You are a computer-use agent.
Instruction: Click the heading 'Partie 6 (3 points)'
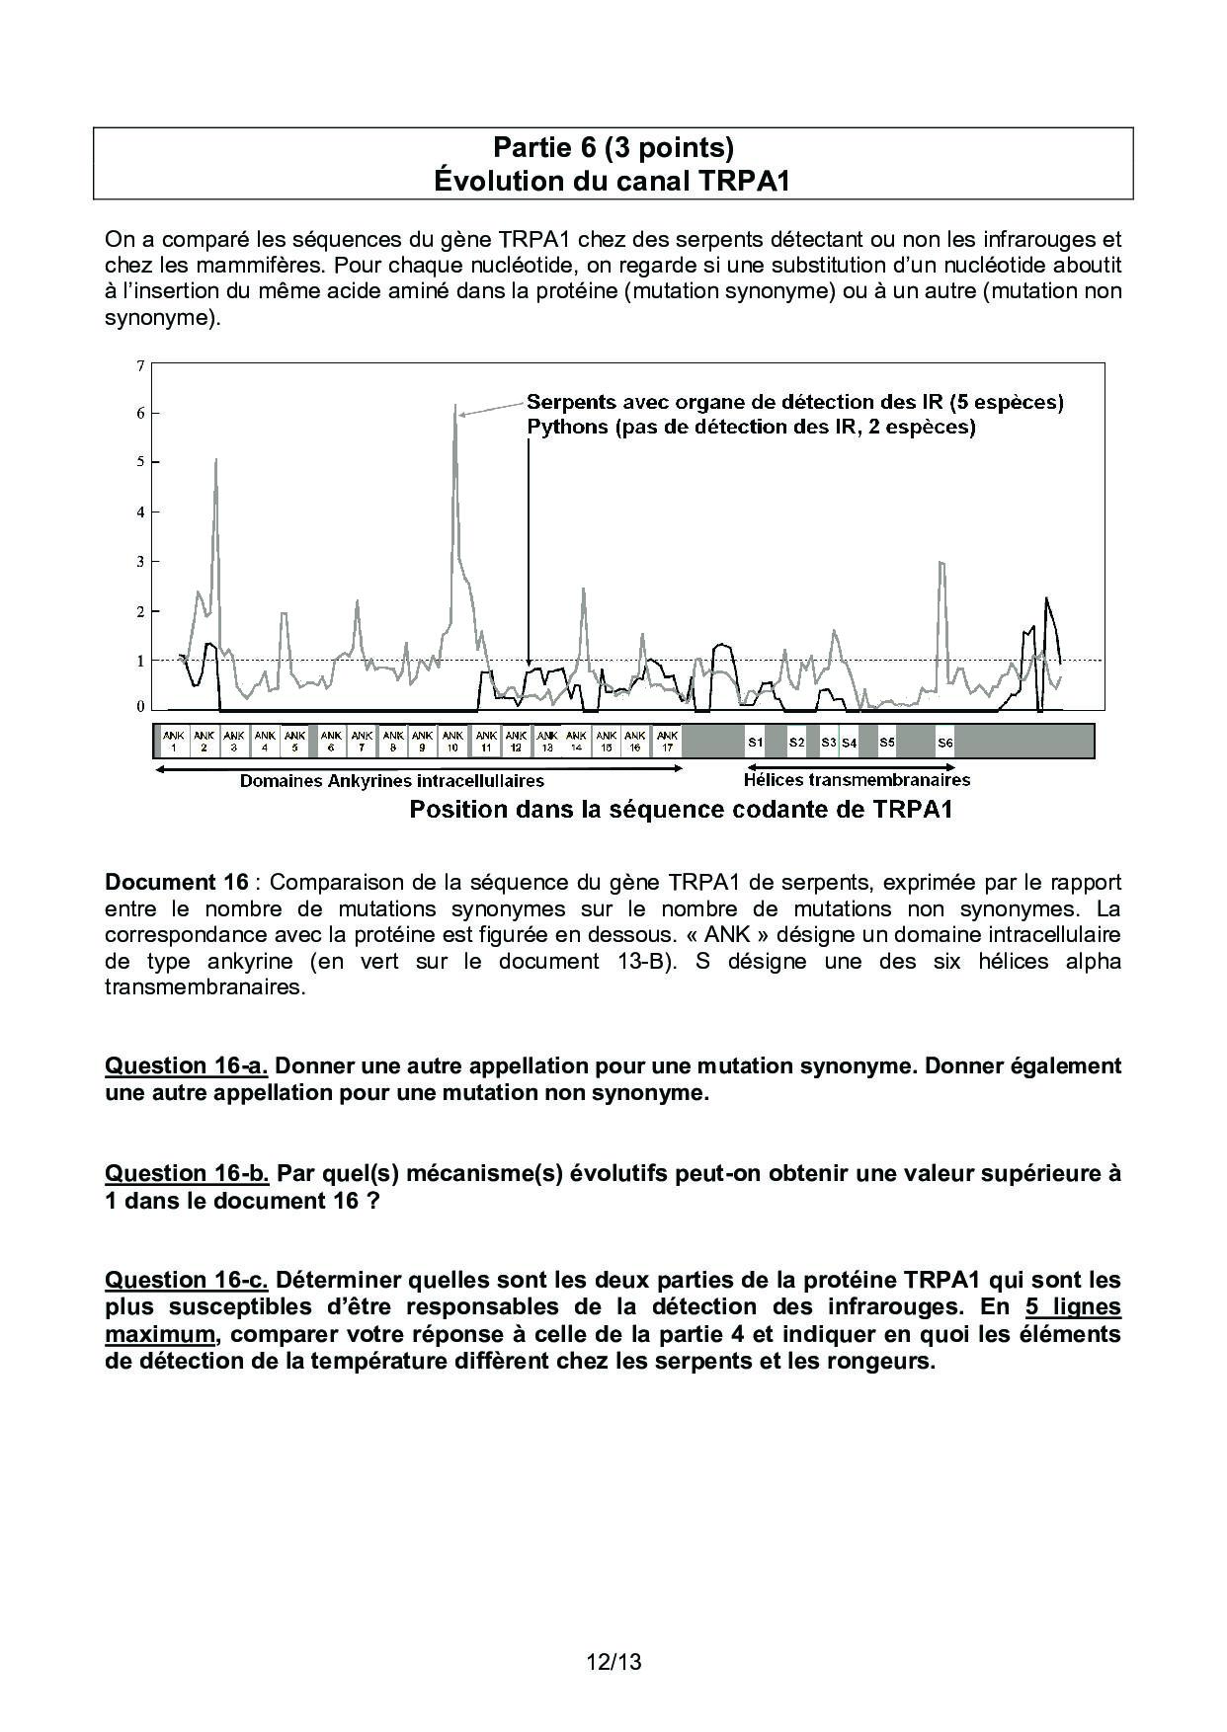pos(613,148)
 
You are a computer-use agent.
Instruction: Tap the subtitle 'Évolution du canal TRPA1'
pos(613,182)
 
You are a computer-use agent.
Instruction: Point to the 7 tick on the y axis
pos(140,366)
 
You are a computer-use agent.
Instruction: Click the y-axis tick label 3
pos(140,562)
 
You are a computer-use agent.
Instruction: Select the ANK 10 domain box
pos(452,741)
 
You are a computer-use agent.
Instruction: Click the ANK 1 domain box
pos(174,741)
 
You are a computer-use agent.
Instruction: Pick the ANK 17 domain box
pos(667,741)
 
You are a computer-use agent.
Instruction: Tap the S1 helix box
pos(755,742)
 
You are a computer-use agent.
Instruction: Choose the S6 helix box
pos(944,742)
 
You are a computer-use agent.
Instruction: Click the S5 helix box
pos(887,742)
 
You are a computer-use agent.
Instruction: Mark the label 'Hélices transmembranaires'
pos(857,780)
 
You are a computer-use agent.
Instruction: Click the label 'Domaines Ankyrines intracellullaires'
pos(392,781)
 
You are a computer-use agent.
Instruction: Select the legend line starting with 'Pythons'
pos(751,428)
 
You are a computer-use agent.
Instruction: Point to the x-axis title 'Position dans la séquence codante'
pos(681,810)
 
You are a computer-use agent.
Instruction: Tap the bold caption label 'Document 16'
pos(179,882)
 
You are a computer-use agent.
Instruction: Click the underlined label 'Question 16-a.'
pos(187,1066)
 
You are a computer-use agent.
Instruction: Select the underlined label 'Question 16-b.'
pos(187,1173)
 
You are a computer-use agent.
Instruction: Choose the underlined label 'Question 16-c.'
pos(187,1280)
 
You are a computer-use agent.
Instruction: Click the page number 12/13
pos(613,1662)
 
